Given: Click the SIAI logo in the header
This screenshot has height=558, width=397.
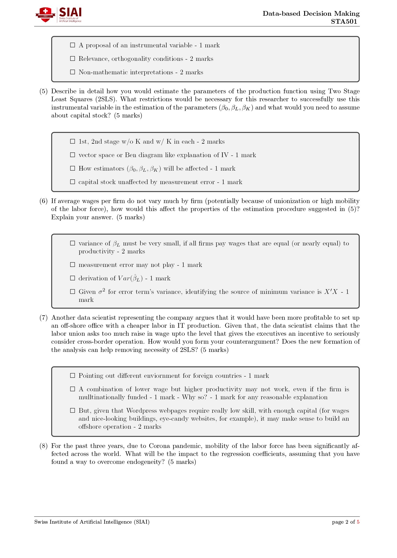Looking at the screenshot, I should click(x=58, y=15).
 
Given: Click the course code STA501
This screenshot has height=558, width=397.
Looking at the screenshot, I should click(x=344, y=22).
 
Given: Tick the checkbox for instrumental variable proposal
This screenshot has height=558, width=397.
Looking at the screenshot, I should click(x=73, y=45).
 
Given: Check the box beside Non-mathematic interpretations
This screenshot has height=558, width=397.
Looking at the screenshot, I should click(x=73, y=72).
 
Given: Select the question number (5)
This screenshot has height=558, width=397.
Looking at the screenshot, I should click(x=43, y=91).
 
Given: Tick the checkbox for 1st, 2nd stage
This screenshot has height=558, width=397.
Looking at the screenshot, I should click(x=73, y=141).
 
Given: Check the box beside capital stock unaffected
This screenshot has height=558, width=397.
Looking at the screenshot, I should click(x=73, y=182).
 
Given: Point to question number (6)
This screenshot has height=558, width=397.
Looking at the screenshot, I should click(x=43, y=201).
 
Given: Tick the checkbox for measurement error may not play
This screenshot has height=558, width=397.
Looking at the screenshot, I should click(x=73, y=265).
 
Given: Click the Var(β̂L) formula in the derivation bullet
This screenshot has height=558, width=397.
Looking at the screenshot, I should click(x=130, y=278).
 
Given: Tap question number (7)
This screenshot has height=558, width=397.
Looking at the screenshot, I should click(x=43, y=318).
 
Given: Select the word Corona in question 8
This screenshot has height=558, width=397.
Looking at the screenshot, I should click(x=161, y=446).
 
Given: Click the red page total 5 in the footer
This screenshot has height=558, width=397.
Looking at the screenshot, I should click(x=358, y=522).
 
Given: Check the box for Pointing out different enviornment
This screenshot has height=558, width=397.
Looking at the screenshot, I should click(x=73, y=376).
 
